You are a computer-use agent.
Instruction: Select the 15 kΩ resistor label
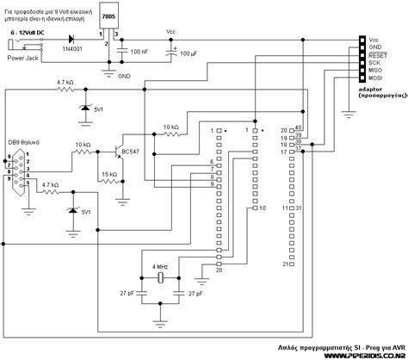pyautogui.click(x=108, y=175)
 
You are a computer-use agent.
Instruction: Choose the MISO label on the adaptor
pyautogui.click(x=377, y=71)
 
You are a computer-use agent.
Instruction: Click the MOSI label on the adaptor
pyautogui.click(x=377, y=79)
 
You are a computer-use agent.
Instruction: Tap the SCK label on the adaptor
pyautogui.click(x=375, y=61)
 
